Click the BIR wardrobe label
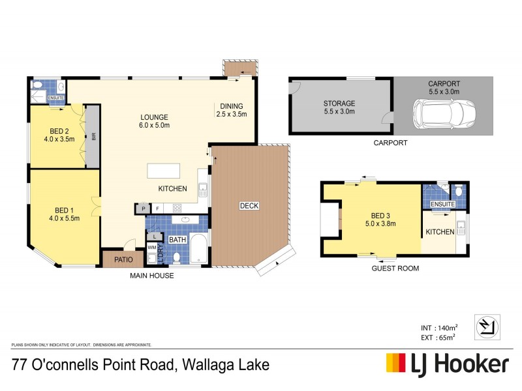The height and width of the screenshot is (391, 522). pyautogui.click(x=94, y=137)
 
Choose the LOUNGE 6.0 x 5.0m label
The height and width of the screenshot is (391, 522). pyautogui.click(x=154, y=122)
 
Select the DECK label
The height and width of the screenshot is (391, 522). pyautogui.click(x=249, y=206)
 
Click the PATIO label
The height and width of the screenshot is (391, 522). pyautogui.click(x=123, y=259)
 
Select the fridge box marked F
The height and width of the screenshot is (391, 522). pyautogui.click(x=157, y=209)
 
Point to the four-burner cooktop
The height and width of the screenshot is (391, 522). pyautogui.click(x=176, y=209)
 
